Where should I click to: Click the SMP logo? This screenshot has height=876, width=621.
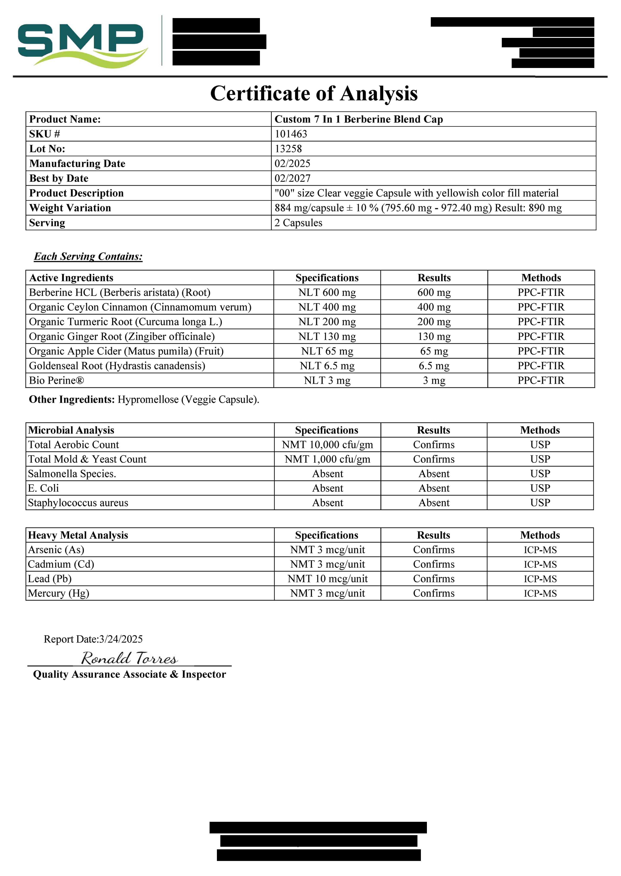tap(82, 43)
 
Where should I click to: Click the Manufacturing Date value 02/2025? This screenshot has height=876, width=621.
tap(292, 163)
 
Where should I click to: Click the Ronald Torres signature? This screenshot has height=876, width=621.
tap(129, 658)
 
